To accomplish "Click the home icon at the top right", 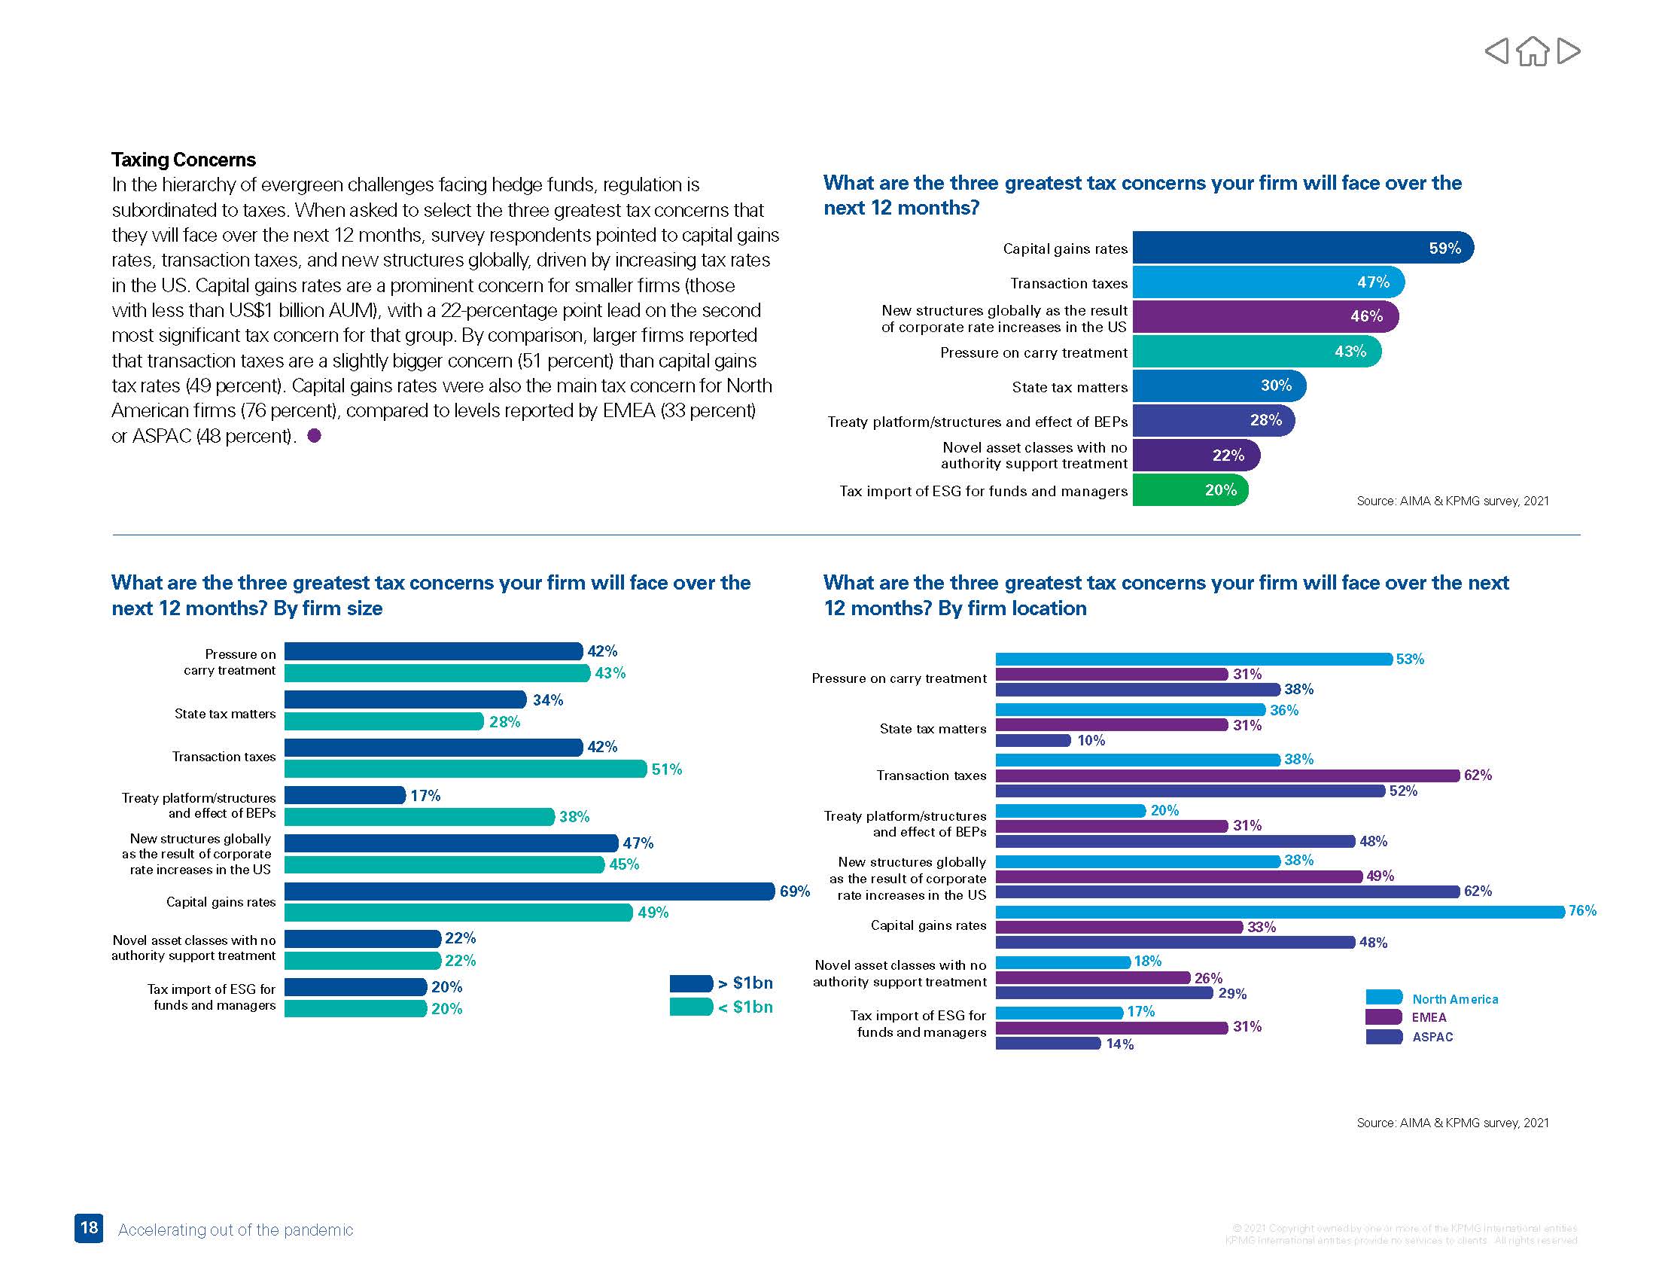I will click(1533, 51).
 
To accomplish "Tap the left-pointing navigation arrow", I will click(1496, 51).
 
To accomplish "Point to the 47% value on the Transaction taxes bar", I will click(1372, 282).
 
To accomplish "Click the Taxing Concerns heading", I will click(184, 159).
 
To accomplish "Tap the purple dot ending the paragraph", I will click(314, 435).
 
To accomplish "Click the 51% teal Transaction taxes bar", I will click(464, 769).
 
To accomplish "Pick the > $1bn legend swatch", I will click(691, 983).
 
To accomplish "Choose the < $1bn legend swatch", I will click(691, 1007).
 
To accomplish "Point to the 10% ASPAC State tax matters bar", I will click(1033, 740).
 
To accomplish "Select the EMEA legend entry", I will click(1429, 1018).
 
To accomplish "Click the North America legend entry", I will click(1454, 999).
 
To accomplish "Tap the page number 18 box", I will click(89, 1228).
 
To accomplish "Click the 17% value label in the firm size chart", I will click(425, 795).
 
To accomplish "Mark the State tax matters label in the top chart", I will click(1069, 387).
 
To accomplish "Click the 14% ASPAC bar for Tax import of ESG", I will click(1047, 1044).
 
